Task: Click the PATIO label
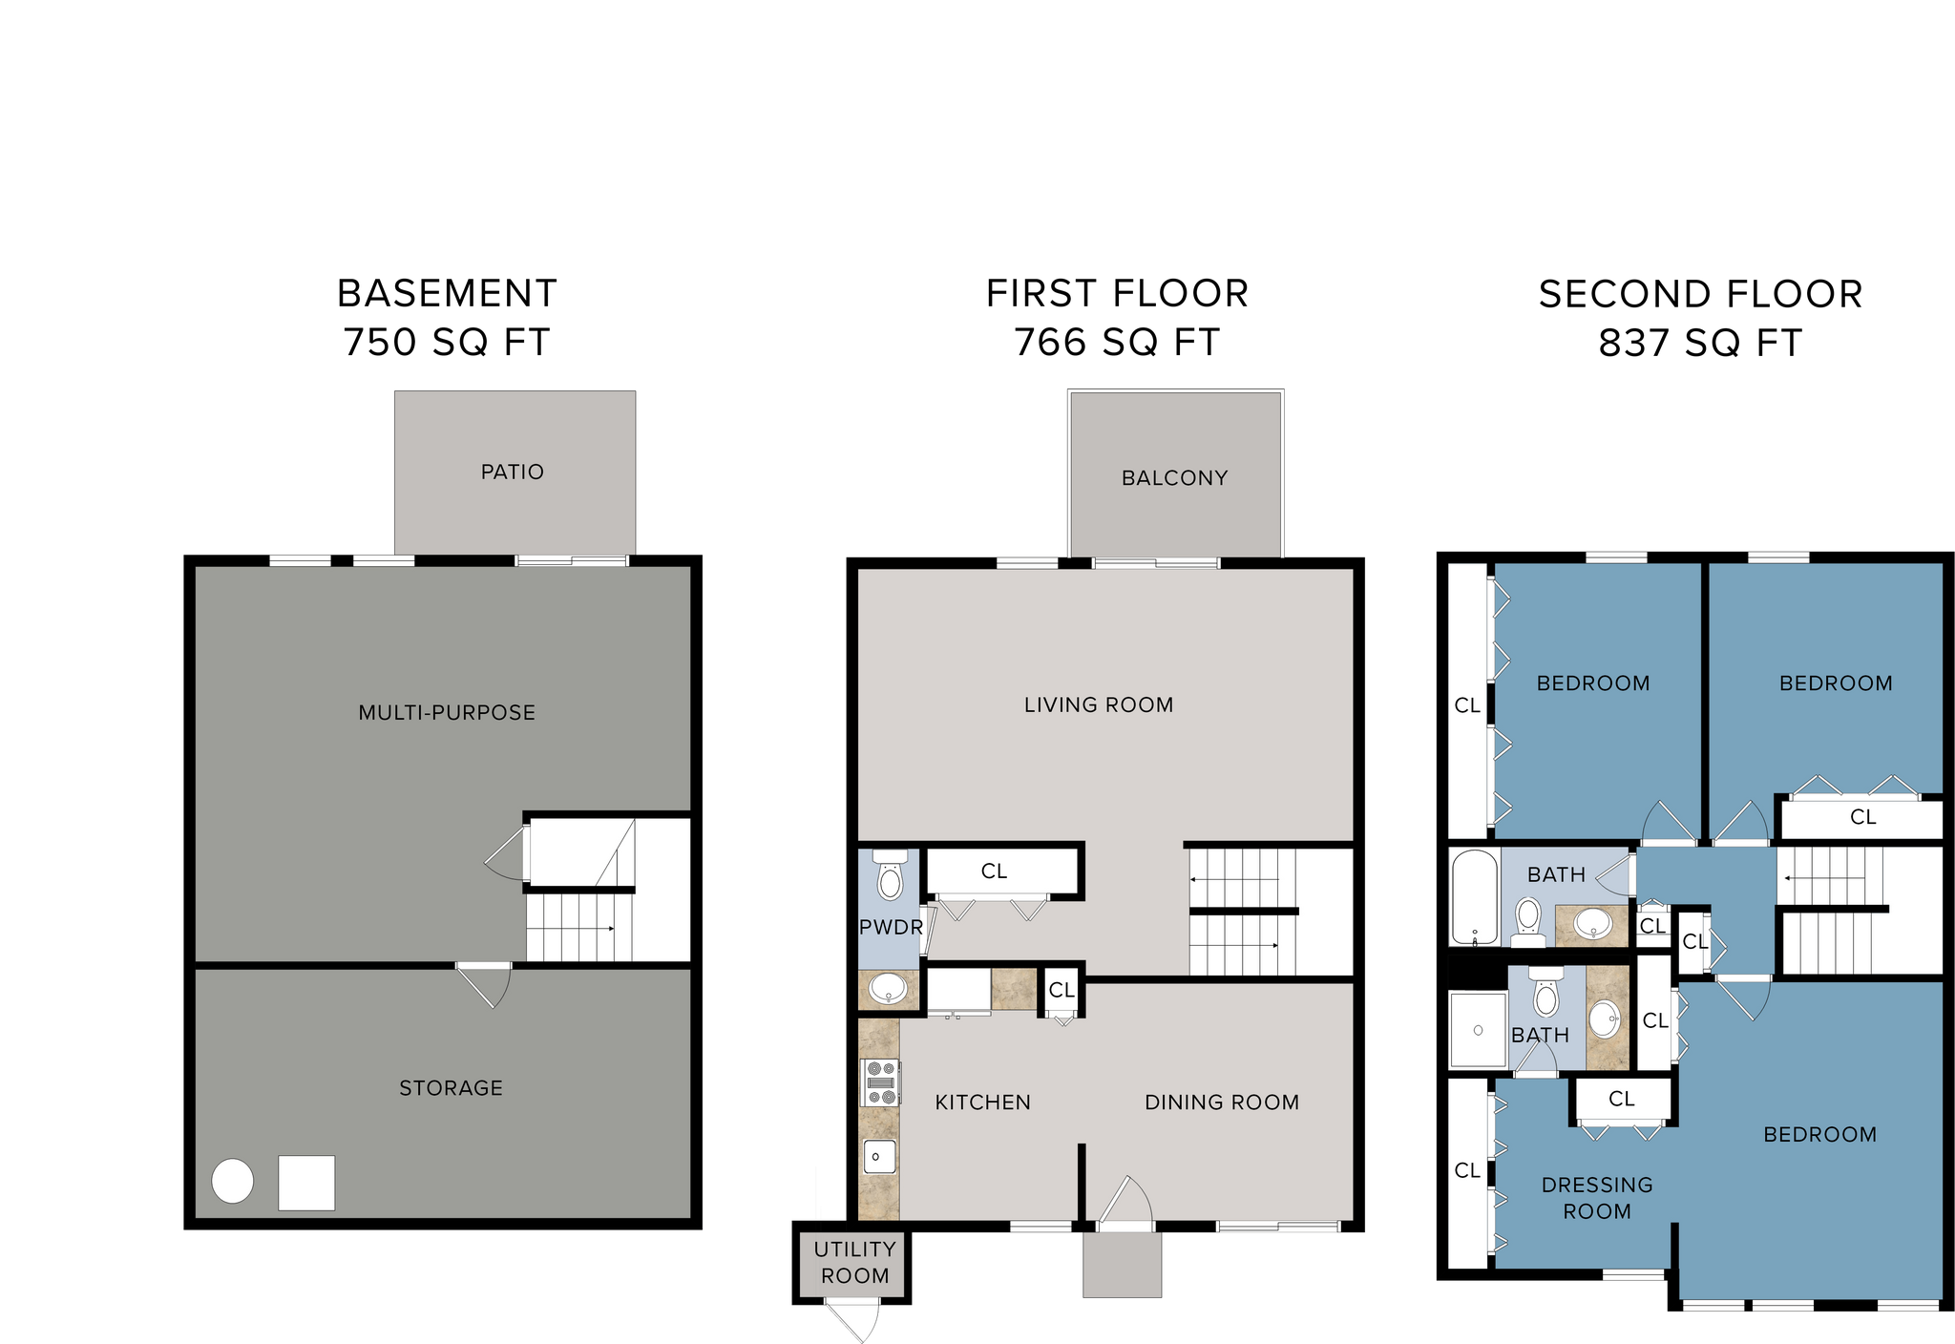point(513,472)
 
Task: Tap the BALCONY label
point(1174,478)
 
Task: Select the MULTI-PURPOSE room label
point(447,713)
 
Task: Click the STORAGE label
point(451,1088)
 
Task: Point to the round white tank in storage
point(232,1182)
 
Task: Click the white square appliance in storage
point(306,1183)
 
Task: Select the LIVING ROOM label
point(1099,705)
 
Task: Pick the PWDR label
point(891,928)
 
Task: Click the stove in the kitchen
point(881,1083)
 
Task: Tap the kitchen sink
point(878,1157)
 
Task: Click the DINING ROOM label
point(1222,1102)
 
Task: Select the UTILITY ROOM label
point(854,1262)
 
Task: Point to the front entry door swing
point(1126,1203)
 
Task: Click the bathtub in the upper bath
point(1474,896)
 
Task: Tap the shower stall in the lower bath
point(1478,1030)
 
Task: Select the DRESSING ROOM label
point(1597,1198)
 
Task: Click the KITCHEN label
point(982,1102)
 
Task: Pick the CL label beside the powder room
point(994,871)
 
